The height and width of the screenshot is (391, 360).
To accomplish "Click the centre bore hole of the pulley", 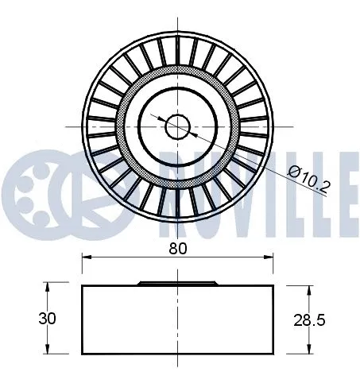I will tap(177, 125).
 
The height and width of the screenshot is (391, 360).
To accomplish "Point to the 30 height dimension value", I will tap(48, 318).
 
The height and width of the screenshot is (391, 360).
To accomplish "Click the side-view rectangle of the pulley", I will tap(177, 320).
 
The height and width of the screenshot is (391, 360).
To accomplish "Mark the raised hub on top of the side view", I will tap(177, 282).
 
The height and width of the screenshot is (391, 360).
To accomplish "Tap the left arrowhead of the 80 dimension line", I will tap(86, 257).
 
